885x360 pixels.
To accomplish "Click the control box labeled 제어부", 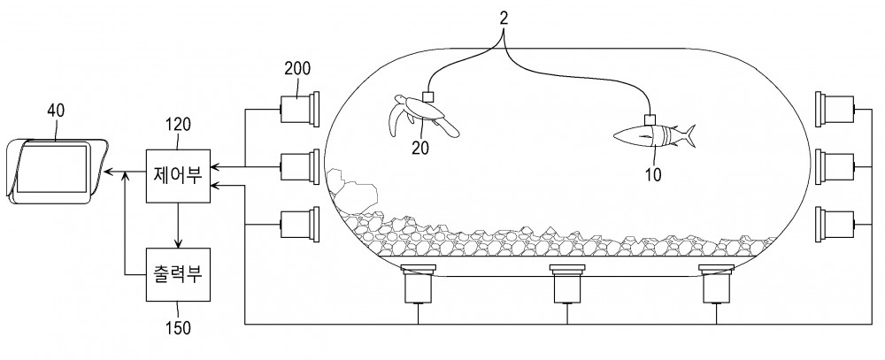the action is (178, 175).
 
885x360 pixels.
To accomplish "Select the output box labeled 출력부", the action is (178, 275).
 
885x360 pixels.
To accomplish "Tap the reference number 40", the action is (55, 111).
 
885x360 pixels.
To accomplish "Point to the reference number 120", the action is (180, 125).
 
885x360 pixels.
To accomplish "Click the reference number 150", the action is (179, 327).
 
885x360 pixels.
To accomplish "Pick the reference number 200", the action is (297, 69).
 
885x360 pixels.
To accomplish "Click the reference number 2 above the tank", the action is (504, 18).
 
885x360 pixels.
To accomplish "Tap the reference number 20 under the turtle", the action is (420, 148).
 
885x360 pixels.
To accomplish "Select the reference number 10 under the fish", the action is (652, 174).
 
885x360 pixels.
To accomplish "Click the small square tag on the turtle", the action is (427, 96).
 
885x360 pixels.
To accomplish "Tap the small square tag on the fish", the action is (650, 120).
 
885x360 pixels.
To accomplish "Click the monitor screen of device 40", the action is (52, 169).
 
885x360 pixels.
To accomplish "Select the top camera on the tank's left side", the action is (300, 109).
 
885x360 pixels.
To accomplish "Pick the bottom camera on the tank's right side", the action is (836, 224).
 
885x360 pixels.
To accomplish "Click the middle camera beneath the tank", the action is (567, 285).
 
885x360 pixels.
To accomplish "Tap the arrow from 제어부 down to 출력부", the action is (179, 226).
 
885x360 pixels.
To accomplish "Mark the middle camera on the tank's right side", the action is (836, 166).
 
